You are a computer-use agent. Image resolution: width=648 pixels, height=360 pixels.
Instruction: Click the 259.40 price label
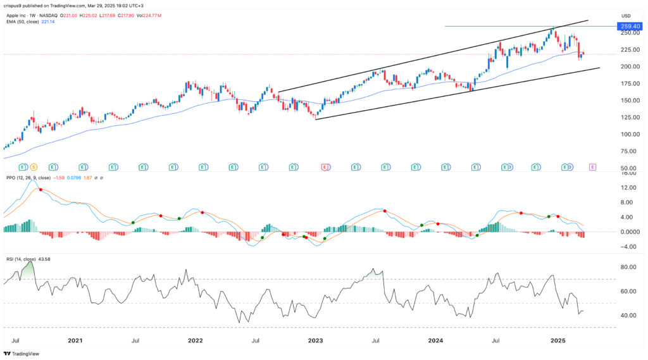629,27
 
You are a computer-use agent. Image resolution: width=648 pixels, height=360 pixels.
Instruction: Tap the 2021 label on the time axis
75,340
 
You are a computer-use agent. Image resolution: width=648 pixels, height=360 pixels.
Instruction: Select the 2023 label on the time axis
315,340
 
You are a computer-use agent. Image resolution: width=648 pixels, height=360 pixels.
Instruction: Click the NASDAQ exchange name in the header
65,14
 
